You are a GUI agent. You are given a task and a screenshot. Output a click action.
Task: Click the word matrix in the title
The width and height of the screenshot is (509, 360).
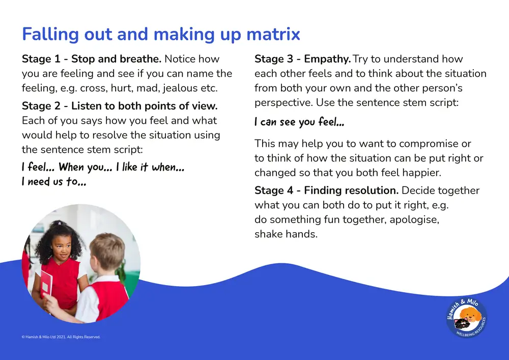tap(273, 34)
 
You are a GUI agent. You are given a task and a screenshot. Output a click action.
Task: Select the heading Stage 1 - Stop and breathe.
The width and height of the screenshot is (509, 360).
tap(92, 59)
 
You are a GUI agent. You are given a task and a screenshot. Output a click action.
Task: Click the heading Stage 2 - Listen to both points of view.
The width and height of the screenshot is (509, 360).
tap(120, 106)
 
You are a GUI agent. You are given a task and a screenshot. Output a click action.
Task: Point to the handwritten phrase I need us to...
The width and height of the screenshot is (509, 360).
tap(54, 181)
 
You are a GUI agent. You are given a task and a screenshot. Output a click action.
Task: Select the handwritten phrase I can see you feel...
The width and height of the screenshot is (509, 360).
tap(299, 122)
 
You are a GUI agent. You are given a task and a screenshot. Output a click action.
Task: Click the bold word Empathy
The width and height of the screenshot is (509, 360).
tap(327, 59)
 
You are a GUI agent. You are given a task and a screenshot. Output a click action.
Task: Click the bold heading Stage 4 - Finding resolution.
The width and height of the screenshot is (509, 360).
tap(326, 190)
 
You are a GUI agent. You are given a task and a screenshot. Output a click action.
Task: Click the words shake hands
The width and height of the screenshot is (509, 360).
tap(286, 234)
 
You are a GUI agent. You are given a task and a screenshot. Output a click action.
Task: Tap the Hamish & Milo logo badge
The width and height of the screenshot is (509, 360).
tap(466, 318)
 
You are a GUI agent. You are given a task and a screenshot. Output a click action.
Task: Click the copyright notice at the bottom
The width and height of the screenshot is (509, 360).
tap(61, 337)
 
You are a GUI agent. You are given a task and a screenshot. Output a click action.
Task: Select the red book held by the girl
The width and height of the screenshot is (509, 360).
tap(46, 282)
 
